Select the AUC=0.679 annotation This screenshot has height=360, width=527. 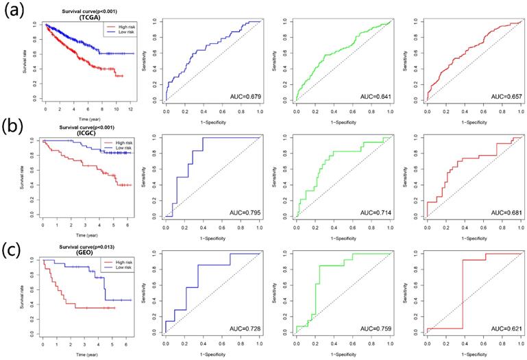(241, 97)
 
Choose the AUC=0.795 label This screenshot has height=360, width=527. (241, 213)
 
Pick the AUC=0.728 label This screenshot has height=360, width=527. (241, 331)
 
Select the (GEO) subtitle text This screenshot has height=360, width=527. (86, 252)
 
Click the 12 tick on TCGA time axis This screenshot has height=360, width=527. (130, 109)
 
